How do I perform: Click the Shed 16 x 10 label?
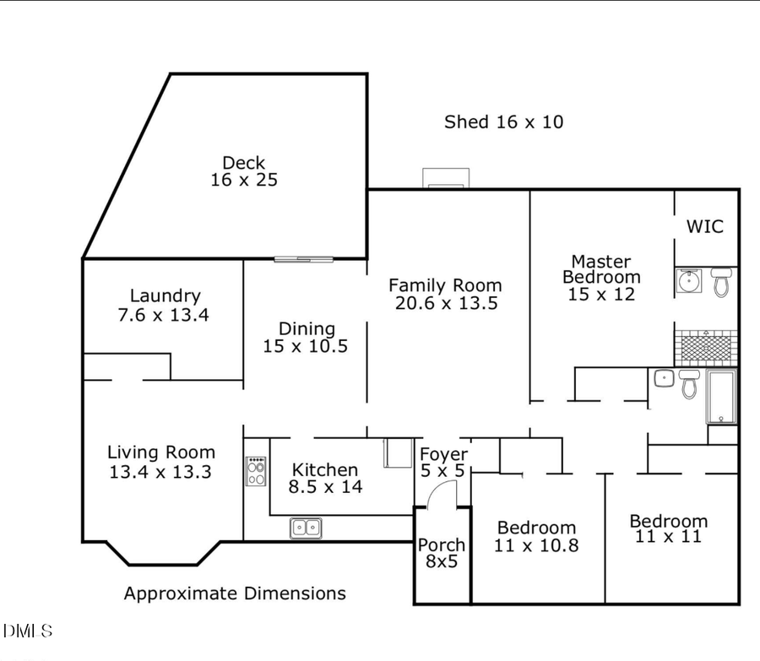(503, 122)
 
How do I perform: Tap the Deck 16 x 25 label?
(244, 171)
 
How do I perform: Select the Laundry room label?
(165, 305)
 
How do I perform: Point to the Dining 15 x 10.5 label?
(307, 337)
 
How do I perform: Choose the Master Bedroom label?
(600, 277)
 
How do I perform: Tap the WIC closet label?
(704, 226)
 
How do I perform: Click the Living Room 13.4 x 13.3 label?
(160, 462)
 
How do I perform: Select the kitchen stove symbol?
(256, 471)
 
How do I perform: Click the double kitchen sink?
(306, 528)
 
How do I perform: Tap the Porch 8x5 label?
(442, 552)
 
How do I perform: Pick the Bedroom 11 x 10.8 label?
(536, 536)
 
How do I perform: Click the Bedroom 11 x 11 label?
(668, 528)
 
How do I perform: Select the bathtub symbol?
(722, 397)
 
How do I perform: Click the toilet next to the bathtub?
(689, 384)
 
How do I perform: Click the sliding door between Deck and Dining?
(303, 258)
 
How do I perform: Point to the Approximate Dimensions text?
(235, 593)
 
